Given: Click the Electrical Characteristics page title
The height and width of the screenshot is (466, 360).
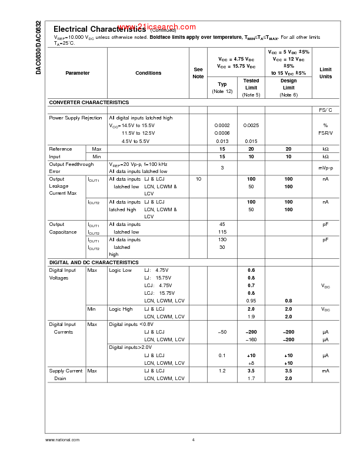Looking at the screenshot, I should tap(99, 29).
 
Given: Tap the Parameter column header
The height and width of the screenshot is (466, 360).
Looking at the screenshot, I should tap(78, 73).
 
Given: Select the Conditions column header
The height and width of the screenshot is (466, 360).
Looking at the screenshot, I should tap(148, 73).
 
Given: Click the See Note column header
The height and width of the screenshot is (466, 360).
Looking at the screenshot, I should tap(198, 73).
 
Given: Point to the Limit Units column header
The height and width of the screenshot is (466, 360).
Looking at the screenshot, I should tap(325, 73).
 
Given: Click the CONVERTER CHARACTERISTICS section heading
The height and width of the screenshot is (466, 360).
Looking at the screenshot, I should tap(89, 102).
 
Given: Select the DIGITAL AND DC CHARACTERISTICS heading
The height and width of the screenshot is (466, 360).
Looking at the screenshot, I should tap(94, 262).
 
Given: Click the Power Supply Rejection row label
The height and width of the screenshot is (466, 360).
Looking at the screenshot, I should tap(75, 118).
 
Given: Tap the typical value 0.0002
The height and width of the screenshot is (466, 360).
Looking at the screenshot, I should tap(222, 125).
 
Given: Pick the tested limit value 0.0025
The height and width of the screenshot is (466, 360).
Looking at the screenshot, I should tap(251, 125).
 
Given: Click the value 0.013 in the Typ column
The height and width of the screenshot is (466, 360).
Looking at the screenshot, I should tap(222, 141).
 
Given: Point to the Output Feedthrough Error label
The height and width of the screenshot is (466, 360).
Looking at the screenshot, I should tap(71, 168).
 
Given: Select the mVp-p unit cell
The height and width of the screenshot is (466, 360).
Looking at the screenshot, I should tap(325, 168).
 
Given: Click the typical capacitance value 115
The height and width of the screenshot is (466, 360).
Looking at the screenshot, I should tap(222, 232).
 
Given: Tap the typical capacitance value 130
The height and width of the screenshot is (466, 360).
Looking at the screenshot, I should tap(222, 239).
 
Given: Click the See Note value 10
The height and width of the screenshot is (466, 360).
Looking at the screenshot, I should tap(198, 178).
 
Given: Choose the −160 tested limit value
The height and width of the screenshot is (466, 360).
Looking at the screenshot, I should tap(251, 339).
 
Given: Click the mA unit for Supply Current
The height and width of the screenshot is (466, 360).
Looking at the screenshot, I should tap(325, 371).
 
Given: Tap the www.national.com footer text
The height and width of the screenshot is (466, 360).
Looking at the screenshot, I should tap(62, 440).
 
